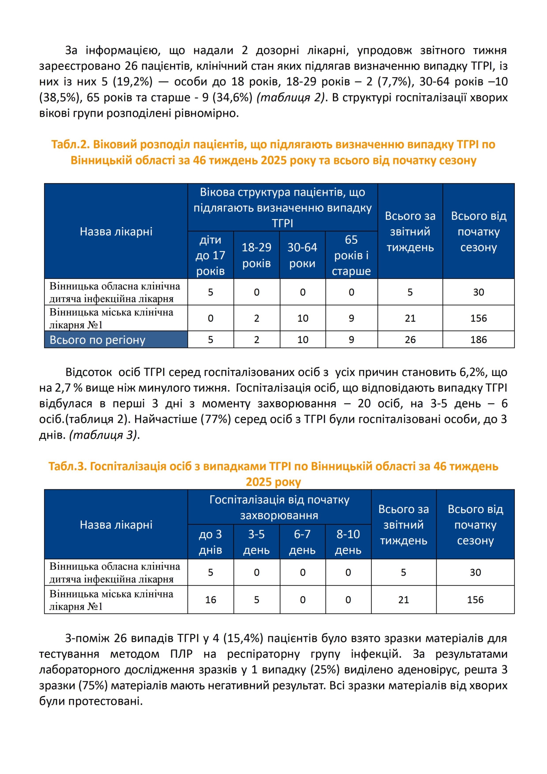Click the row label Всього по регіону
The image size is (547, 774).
(97, 340)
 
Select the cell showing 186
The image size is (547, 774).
(478, 340)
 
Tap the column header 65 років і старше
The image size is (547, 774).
(351, 255)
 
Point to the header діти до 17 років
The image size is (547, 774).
(210, 255)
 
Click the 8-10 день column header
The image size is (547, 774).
(348, 542)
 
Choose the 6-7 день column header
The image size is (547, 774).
(302, 542)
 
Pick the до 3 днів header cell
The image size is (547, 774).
(210, 542)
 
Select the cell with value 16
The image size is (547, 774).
(211, 599)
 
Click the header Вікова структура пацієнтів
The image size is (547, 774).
(282, 207)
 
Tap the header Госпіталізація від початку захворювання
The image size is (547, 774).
(279, 507)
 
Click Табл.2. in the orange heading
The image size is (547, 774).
(70, 144)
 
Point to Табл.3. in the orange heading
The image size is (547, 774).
(67, 466)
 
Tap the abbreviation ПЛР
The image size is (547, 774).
(181, 654)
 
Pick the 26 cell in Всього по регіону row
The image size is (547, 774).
(410, 340)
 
